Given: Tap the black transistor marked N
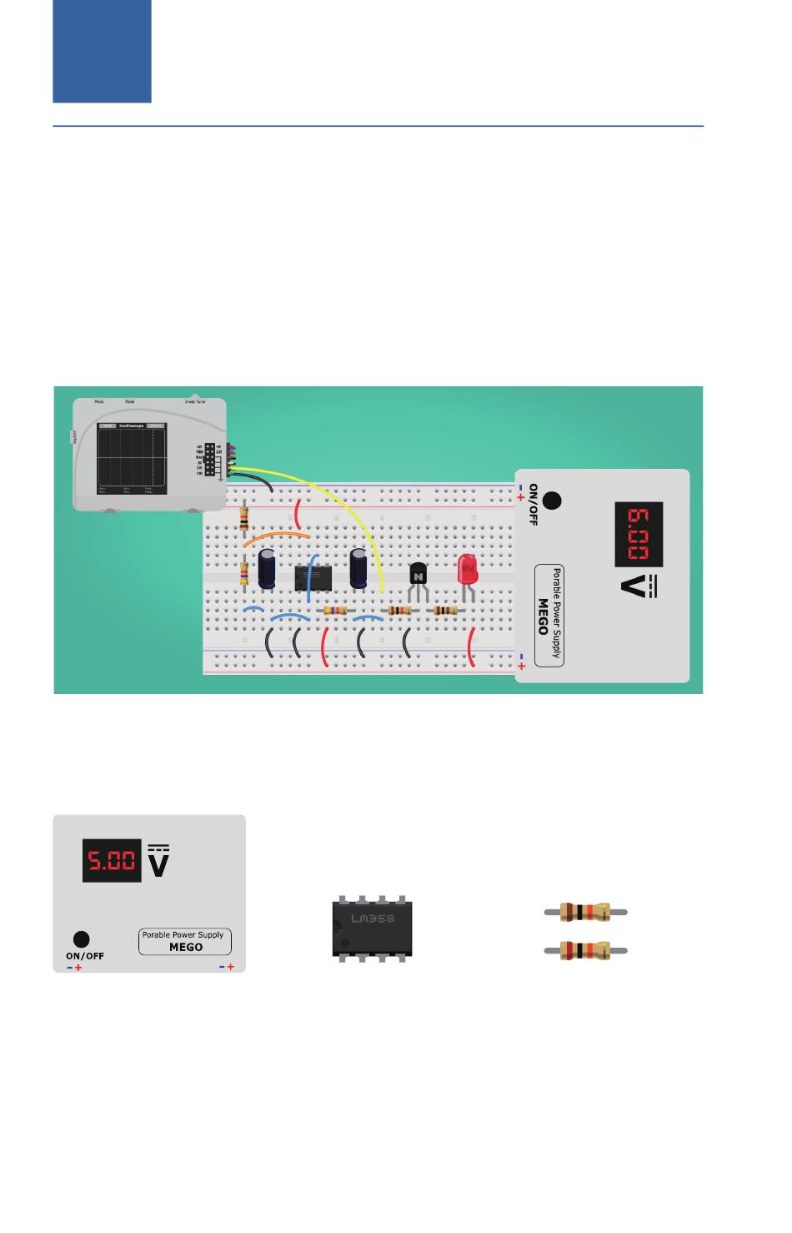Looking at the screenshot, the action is click(418, 575).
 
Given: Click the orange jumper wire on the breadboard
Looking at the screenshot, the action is click(276, 535).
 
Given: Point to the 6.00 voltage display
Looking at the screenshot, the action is click(638, 535).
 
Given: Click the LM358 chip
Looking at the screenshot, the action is click(372, 928).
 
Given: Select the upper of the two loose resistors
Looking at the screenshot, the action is click(584, 912).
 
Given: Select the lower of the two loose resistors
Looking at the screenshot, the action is click(584, 950).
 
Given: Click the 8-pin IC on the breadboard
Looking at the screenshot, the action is click(313, 576).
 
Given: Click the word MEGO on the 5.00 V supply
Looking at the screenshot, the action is click(186, 947).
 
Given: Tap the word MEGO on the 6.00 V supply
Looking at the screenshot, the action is click(544, 616).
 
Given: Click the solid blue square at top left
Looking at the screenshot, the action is click(102, 51).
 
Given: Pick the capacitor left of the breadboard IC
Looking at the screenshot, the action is click(268, 567).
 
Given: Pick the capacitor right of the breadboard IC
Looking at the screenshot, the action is click(358, 567).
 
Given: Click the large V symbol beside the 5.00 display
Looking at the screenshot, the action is click(158, 863).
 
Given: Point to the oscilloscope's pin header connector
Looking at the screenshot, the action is click(211, 459).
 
